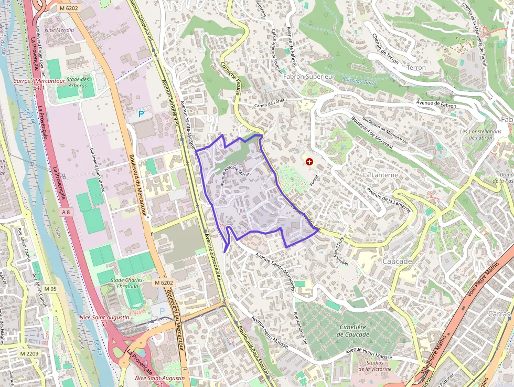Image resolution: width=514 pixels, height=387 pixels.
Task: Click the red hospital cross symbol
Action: point(310,162)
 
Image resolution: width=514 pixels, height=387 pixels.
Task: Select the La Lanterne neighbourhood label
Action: point(380,174)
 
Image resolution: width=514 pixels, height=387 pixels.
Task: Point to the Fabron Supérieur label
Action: point(308,77)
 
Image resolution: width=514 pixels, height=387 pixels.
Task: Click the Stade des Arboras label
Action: point(78,82)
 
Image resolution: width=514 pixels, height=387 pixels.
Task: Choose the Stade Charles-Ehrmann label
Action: point(124,283)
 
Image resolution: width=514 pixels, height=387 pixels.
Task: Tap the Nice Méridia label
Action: point(59,30)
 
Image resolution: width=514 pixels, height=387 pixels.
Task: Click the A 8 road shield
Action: point(65,212)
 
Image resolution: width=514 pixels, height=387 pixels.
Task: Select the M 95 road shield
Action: point(50,289)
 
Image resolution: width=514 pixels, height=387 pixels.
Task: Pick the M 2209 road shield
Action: point(30,353)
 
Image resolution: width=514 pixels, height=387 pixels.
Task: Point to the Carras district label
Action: point(499,313)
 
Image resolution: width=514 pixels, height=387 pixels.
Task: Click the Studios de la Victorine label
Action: point(375,365)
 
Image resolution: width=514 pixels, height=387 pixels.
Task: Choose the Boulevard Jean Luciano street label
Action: point(97,169)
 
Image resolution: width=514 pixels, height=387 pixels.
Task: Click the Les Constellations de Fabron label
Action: point(480,134)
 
